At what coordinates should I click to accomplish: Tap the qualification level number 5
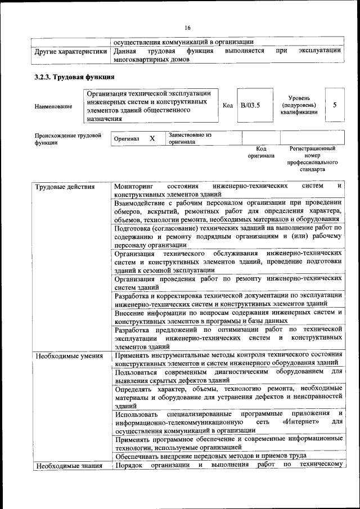click(335, 105)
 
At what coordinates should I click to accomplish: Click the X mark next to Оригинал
click(152, 138)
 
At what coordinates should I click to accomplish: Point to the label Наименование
click(53, 106)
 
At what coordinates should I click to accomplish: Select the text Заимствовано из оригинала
click(190, 138)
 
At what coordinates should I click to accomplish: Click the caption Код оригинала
click(261, 152)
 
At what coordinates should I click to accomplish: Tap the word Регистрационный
click(313, 148)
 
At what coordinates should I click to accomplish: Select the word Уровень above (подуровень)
click(299, 97)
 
